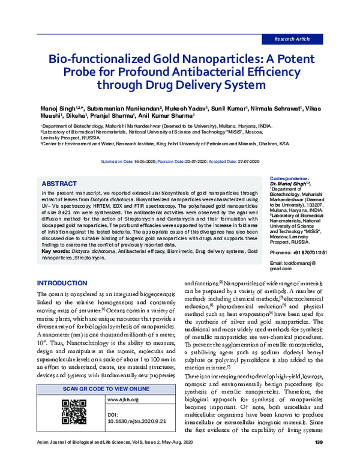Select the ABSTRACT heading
pos(60,182)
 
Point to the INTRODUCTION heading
pos(62,283)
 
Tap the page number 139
pos(319,459)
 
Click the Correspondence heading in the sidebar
pos(290,178)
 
